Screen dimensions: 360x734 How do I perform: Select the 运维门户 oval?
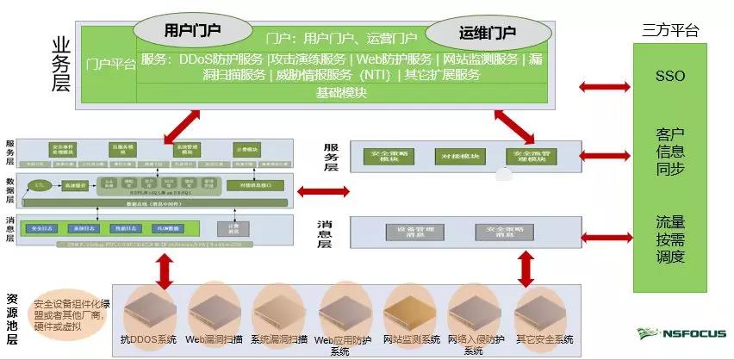coord(487,34)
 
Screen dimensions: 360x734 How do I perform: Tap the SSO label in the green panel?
coord(669,77)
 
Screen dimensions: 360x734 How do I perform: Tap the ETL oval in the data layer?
coord(38,185)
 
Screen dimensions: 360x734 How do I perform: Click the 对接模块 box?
coord(453,156)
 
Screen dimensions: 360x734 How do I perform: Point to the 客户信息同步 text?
coord(669,152)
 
